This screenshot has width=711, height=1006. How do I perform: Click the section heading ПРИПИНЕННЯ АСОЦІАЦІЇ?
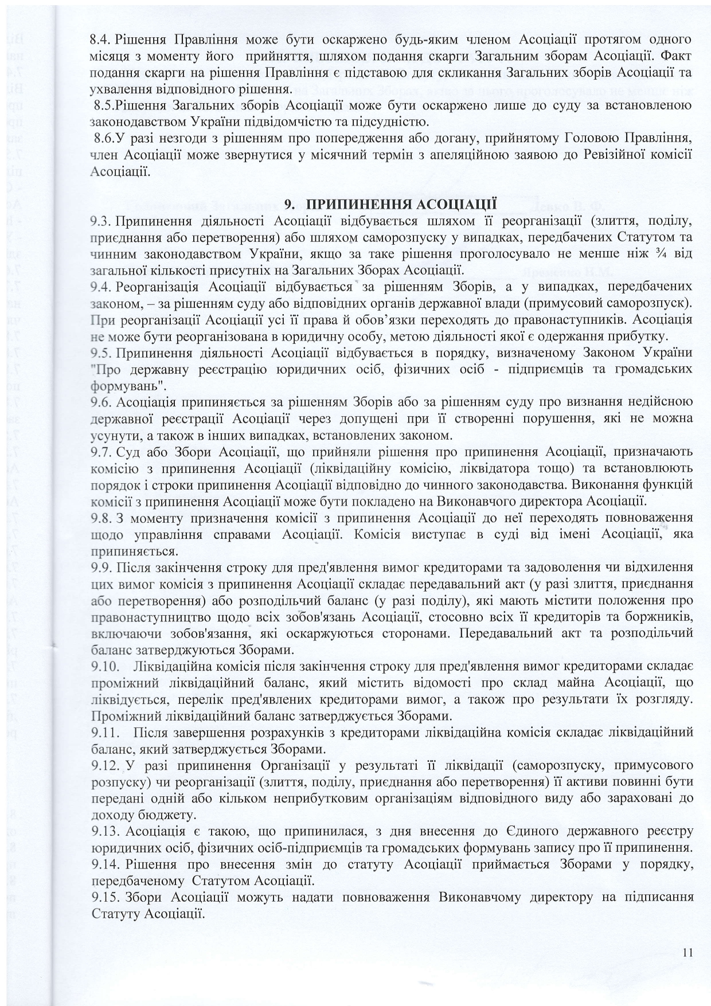point(390,203)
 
